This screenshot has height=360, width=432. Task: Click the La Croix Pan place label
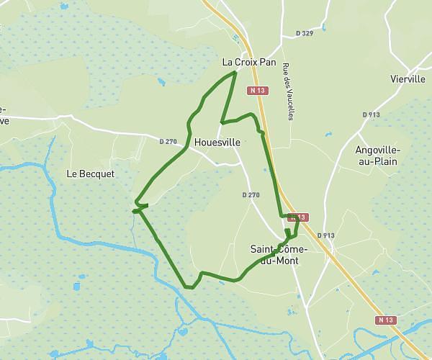[x=248, y=63]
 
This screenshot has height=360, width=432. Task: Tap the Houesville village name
[x=217, y=143]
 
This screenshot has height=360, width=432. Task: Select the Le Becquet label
[x=91, y=174]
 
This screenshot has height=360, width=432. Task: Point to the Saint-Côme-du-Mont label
[x=279, y=254]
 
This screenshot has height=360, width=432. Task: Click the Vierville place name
[x=408, y=79]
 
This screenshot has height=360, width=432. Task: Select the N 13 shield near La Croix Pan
[x=258, y=91]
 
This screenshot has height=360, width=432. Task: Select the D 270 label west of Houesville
[x=168, y=141]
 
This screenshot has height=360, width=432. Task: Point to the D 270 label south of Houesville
[x=251, y=195]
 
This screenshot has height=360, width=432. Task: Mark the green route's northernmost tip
[x=235, y=73]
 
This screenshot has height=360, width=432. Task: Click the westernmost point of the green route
[x=133, y=212]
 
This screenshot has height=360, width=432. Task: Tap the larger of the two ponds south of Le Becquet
[x=76, y=286]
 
